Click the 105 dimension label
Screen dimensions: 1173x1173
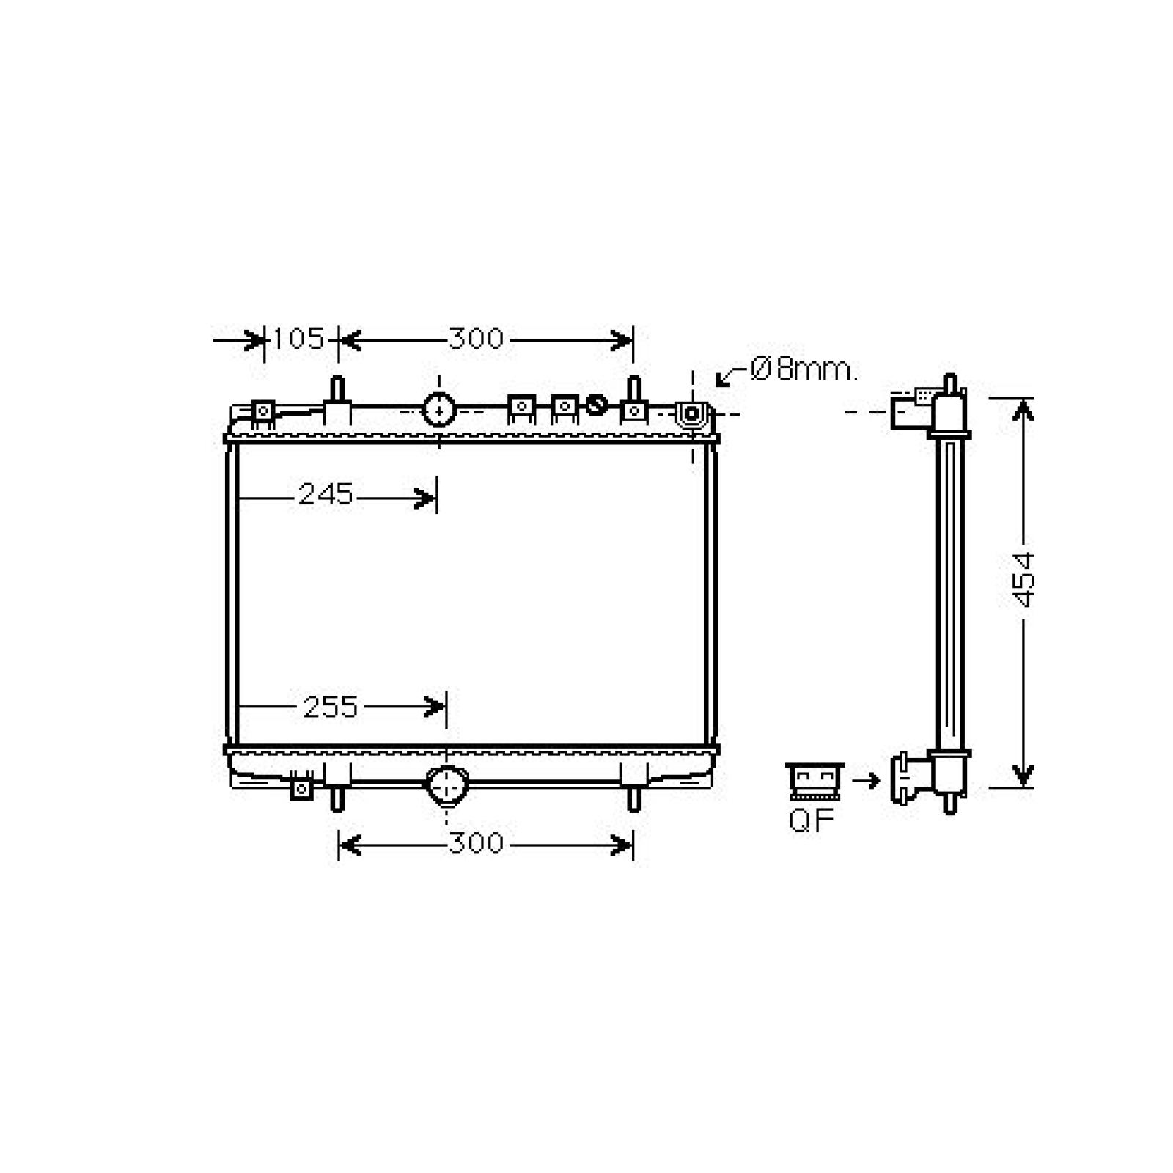[298, 339]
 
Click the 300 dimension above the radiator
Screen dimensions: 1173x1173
[477, 339]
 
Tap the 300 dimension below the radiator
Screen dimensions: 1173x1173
[477, 844]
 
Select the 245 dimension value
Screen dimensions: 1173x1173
[326, 495]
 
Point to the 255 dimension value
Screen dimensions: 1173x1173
[331, 707]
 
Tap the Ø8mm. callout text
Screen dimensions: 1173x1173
[804, 369]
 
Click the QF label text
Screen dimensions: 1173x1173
[812, 820]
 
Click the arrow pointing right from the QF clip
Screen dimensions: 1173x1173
[866, 781]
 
